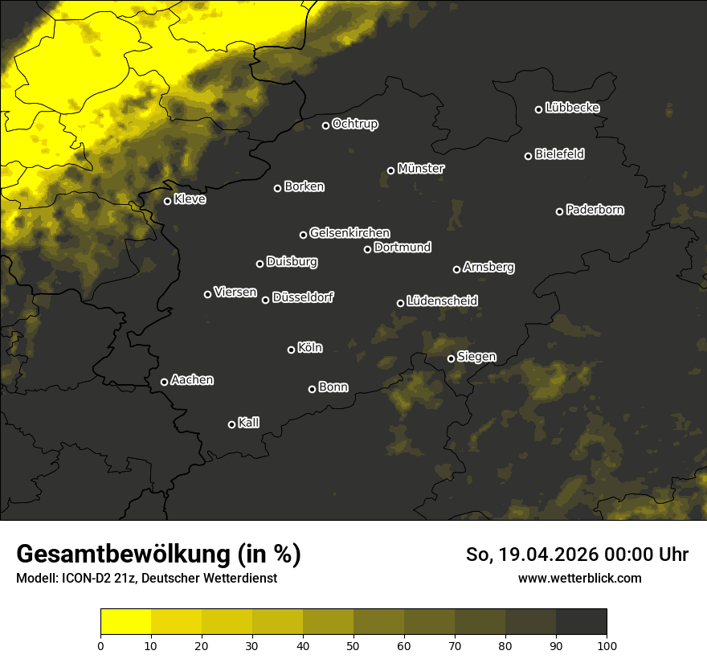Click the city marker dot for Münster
click(391, 170)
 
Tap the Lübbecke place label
click(572, 108)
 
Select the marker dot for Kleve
click(168, 201)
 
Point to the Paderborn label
click(595, 210)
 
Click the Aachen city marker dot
click(165, 382)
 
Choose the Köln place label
click(309, 348)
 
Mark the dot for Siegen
click(451, 358)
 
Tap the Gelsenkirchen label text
click(349, 233)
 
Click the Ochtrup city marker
click(326, 125)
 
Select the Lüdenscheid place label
click(442, 301)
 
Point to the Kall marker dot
click(232, 424)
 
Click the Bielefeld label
click(559, 153)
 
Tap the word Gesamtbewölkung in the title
click(121, 554)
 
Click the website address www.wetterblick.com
click(579, 578)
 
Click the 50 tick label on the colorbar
click(353, 644)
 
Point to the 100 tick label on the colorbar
click(607, 644)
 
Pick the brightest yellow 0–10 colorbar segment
click(126, 622)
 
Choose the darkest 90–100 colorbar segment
click(581, 622)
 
